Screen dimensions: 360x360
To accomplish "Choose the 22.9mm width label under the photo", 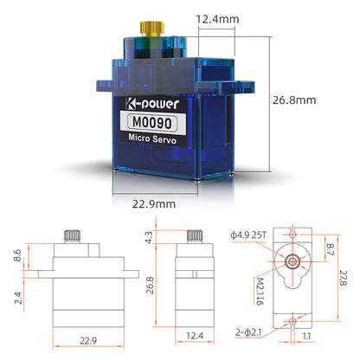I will point(155,203).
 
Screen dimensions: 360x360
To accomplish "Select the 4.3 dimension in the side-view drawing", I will point(148,237).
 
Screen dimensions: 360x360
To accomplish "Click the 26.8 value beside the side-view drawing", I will point(148,285).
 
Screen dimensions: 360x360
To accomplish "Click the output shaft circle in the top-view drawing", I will point(294,260).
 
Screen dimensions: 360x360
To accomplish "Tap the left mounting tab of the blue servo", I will point(102,86).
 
